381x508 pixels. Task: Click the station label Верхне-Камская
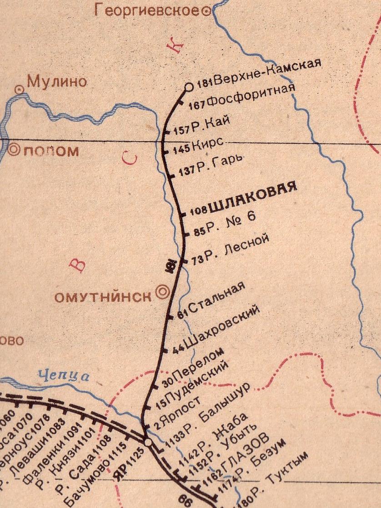pos(268,73)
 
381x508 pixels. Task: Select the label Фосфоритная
pos(251,96)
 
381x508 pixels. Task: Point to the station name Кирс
pos(208,144)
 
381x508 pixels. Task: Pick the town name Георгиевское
pos(147,11)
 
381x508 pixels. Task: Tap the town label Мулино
pos(57,82)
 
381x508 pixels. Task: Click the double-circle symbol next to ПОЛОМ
pos(14,149)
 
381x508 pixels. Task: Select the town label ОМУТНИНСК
pos(103,297)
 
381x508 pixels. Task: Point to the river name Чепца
pos(64,376)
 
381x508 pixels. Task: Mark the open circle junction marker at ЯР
pos(147,442)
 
